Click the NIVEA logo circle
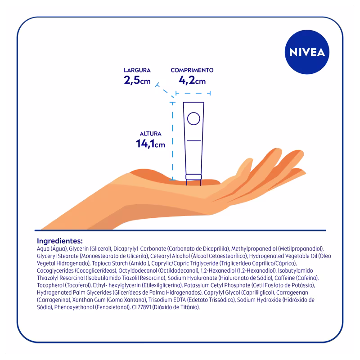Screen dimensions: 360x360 (x=307, y=52)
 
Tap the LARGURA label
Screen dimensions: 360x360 (x=137, y=70)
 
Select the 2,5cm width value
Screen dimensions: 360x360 (x=137, y=81)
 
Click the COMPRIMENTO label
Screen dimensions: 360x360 (x=192, y=70)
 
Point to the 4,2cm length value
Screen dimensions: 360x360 (x=192, y=81)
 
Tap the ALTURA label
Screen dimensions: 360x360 (x=151, y=134)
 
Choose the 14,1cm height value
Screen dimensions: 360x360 (x=150, y=144)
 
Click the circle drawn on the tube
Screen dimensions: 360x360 (x=193, y=118)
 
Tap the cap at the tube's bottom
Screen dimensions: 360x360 (x=193, y=177)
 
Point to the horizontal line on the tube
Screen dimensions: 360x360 (x=194, y=140)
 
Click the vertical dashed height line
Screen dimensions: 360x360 (x=172, y=141)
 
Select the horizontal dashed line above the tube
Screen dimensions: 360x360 (x=193, y=93)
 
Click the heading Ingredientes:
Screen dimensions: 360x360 (x=60, y=241)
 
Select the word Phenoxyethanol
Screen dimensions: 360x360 (x=74, y=307)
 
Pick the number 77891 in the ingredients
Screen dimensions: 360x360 (x=144, y=307)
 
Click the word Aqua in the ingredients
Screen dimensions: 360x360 (x=43, y=249)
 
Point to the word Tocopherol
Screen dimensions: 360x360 (x=50, y=285)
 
